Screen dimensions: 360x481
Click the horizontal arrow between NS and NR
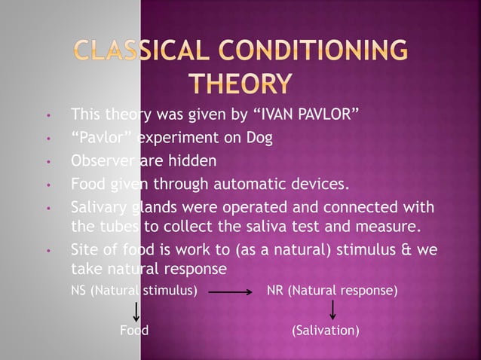point(229,289)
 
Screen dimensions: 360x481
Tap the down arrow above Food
point(136,309)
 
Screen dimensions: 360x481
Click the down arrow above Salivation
point(332,309)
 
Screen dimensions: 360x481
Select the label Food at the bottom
point(134,331)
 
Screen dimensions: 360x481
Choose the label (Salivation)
point(325,331)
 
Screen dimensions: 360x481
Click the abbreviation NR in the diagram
point(275,288)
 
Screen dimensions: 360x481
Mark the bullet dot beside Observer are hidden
point(48,161)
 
